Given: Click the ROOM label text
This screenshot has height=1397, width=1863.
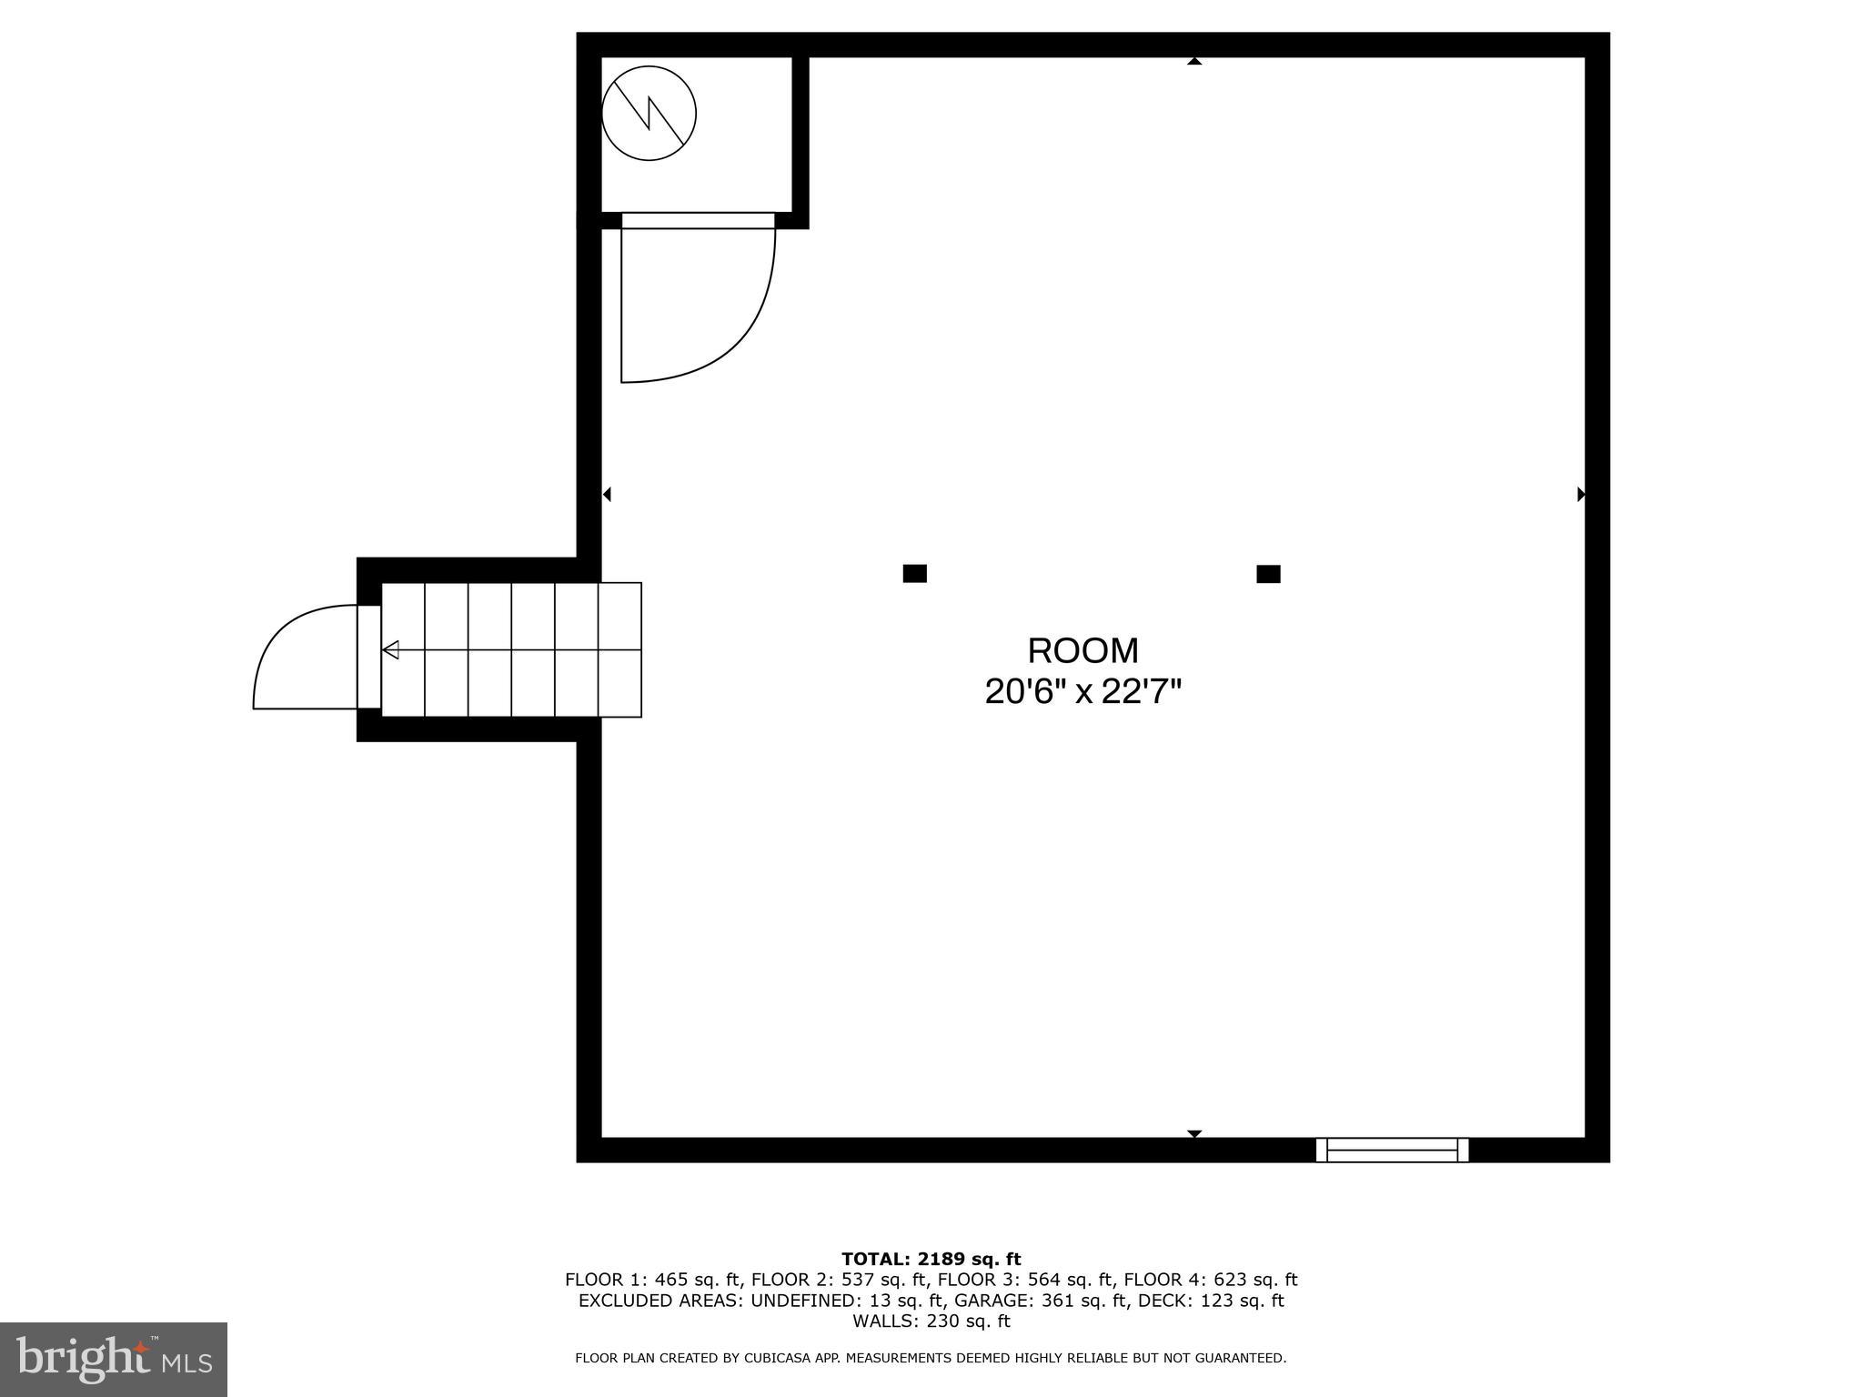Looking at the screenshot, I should click(1083, 651).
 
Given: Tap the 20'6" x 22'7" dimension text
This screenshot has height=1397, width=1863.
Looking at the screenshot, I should click(1083, 693).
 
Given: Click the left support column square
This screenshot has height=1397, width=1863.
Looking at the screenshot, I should click(914, 573).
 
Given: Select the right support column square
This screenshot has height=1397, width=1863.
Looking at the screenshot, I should click(1268, 574).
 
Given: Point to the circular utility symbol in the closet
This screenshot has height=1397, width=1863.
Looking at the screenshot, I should click(649, 114).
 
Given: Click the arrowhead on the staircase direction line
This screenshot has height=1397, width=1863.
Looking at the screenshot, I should click(390, 650).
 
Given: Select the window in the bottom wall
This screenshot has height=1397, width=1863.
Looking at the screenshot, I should click(1392, 1150).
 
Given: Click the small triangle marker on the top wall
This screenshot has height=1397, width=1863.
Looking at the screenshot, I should click(1194, 61).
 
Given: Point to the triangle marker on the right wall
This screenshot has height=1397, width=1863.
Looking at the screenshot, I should click(1581, 494).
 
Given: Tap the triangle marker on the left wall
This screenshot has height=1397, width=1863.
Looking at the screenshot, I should click(607, 494).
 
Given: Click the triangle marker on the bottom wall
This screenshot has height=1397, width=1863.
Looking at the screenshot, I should click(1194, 1134).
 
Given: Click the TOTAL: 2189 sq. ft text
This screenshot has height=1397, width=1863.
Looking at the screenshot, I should click(931, 1260).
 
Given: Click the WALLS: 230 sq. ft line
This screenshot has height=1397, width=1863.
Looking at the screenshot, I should click(931, 1322).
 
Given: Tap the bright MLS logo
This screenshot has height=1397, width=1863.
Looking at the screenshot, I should click(114, 1360).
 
